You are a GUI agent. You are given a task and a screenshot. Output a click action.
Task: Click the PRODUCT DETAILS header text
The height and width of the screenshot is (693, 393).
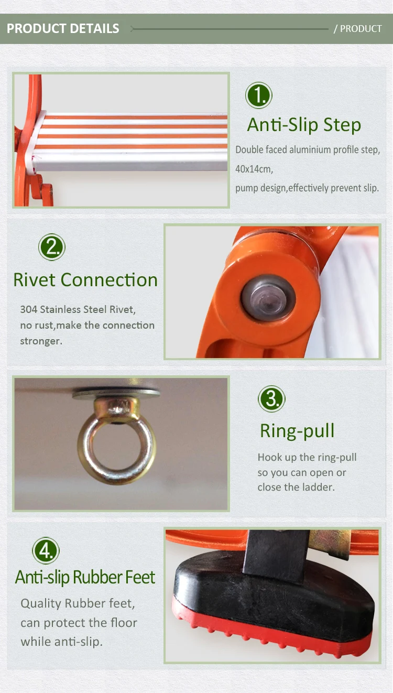coord(63,29)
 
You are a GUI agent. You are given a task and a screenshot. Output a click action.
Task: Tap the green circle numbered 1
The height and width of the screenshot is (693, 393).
coord(259,96)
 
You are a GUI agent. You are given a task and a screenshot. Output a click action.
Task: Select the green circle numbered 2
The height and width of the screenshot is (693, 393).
coord(52,247)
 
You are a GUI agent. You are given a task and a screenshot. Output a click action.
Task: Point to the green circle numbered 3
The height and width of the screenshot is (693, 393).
coord(271,399)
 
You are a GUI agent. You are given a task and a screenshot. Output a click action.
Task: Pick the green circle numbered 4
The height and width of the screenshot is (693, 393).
coord(46,551)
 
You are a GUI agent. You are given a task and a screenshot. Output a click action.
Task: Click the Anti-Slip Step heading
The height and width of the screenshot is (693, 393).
coord(304,125)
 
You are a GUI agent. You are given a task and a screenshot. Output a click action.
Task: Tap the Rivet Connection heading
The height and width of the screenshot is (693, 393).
coord(85,280)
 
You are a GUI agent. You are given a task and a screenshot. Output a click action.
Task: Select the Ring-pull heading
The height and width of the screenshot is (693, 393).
coord(297,431)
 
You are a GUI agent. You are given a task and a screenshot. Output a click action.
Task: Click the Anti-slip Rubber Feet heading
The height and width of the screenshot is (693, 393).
coord(85,577)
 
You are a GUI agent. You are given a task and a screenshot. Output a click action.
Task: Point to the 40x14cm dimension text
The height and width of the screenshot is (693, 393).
coord(254,169)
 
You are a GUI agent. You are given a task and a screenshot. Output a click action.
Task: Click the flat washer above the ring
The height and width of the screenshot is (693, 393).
coord(116,393)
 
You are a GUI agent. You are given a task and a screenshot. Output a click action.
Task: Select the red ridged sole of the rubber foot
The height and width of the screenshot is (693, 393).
coord(272,632)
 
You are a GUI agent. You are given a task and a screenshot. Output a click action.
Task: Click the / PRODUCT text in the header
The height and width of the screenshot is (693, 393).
coord(358,29)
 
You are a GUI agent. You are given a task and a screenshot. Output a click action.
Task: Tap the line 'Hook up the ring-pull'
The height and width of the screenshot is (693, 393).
coord(307,457)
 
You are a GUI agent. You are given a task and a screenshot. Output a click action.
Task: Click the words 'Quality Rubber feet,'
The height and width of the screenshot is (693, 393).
coord(78,603)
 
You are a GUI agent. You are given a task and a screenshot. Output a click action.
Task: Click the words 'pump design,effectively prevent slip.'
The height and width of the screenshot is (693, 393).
coord(307,188)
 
